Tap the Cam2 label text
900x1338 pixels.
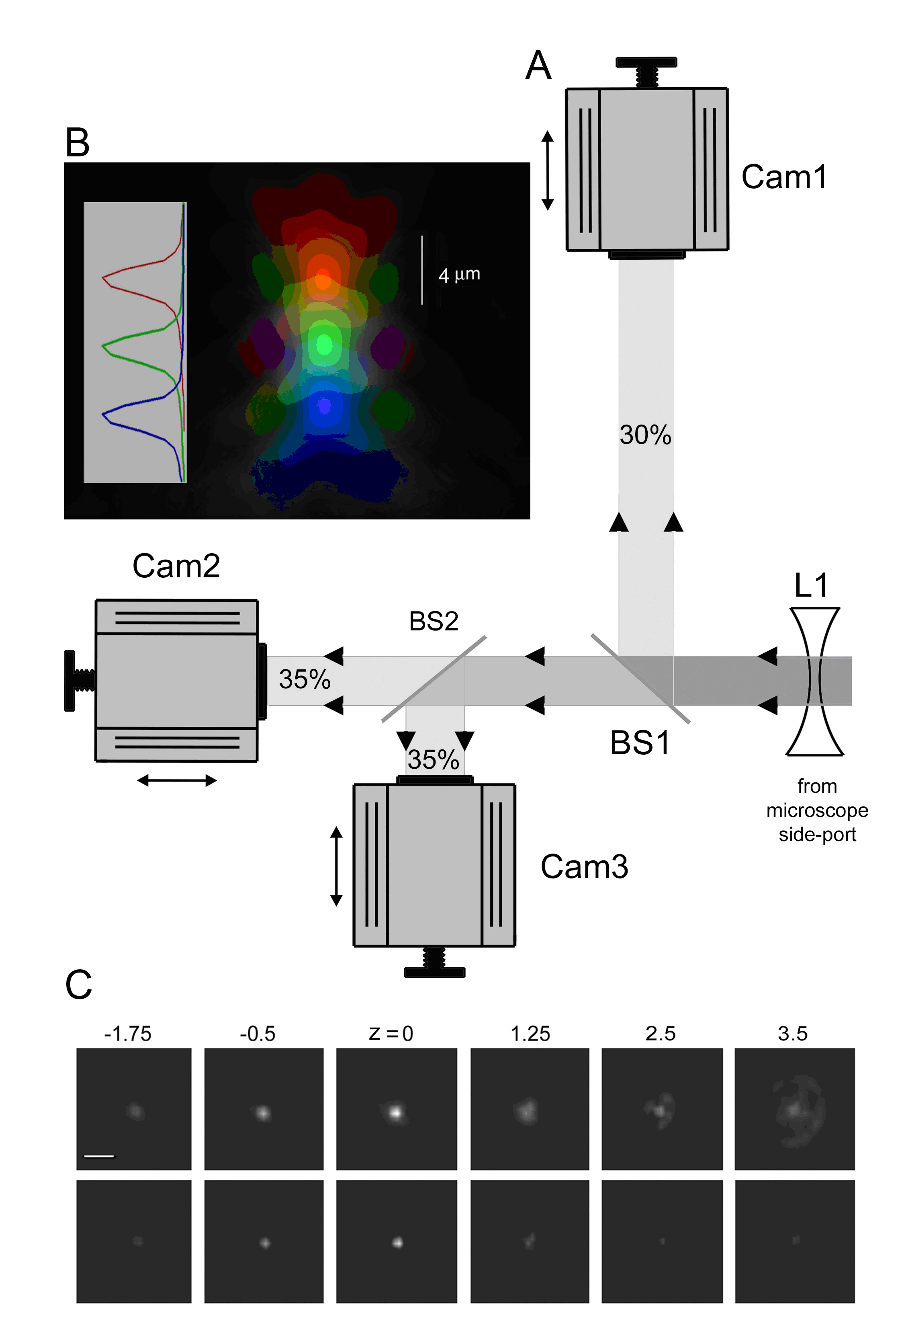pos(176,566)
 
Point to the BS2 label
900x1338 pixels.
pos(434,621)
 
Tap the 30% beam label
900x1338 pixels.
pos(645,435)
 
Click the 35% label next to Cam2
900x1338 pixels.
pos(305,679)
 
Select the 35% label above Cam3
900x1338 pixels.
pos(434,760)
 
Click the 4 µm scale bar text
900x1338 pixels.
pos(459,275)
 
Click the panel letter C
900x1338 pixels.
pos(79,985)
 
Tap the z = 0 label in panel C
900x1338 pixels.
pos(391,1034)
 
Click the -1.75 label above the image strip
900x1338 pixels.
pos(127,1034)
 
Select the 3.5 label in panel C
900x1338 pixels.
pos(793,1034)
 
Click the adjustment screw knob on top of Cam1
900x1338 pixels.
pos(646,62)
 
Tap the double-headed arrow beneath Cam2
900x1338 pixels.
pos(177,780)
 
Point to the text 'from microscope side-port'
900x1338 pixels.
pos(817,810)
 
